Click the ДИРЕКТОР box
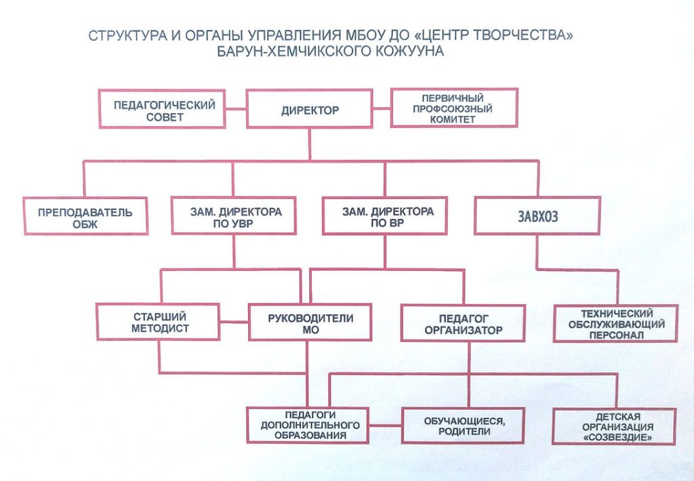pyautogui.click(x=310, y=109)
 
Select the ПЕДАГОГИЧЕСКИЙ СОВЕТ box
pyautogui.click(x=162, y=109)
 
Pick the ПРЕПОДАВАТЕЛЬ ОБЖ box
pyautogui.click(x=85, y=217)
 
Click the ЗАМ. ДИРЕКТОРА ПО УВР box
pyautogui.click(x=233, y=216)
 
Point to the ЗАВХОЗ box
pyautogui.click(x=537, y=217)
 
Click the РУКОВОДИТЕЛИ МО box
pyautogui.click(x=310, y=322)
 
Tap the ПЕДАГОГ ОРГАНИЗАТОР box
pyautogui.click(x=464, y=323)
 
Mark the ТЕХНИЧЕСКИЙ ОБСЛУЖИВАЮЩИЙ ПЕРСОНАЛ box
pyautogui.click(x=616, y=323)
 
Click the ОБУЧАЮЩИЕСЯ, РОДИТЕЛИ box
pyautogui.click(x=464, y=425)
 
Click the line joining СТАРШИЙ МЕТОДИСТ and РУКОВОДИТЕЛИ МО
pyautogui.click(x=235, y=322)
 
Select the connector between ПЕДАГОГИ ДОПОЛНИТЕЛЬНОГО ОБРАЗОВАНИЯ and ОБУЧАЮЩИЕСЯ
pyautogui.click(x=385, y=425)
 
